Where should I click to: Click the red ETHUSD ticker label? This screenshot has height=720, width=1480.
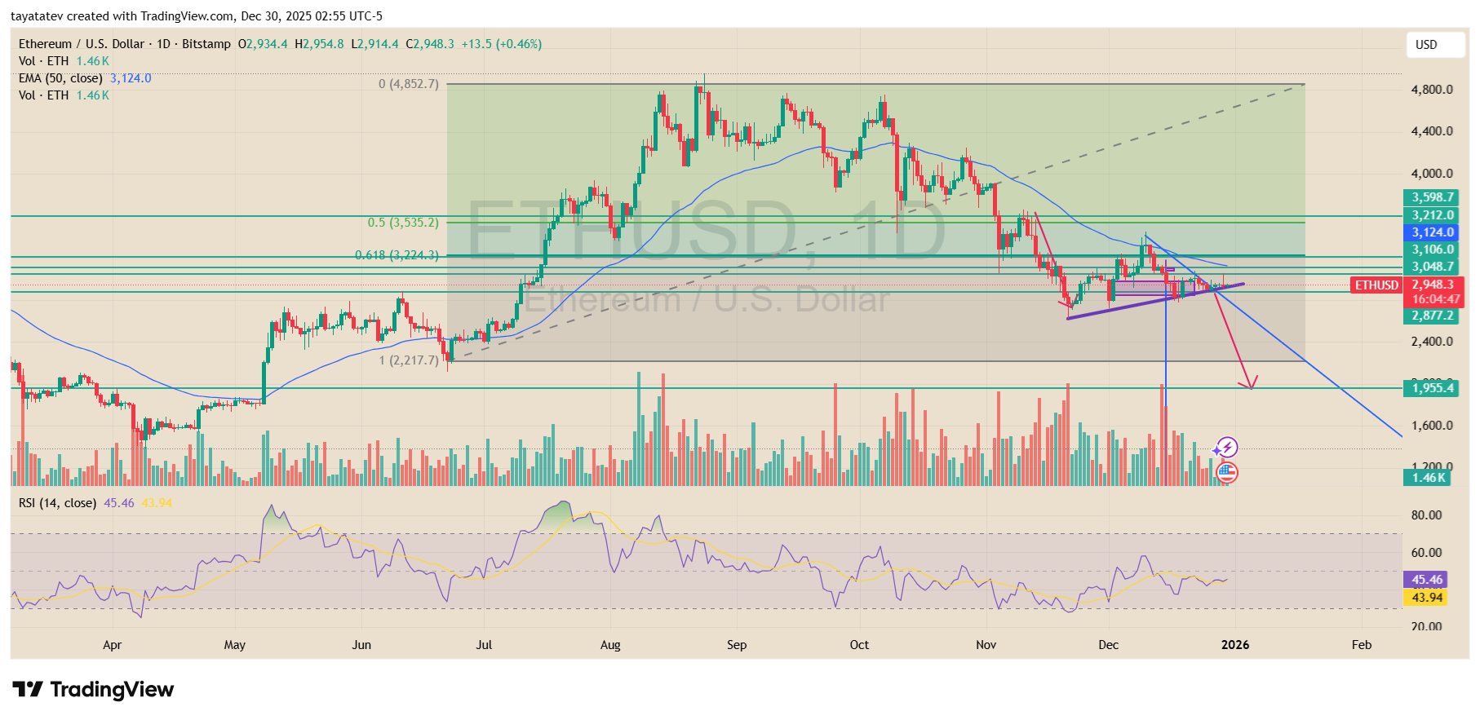1376,285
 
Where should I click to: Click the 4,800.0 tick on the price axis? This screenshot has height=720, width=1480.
1432,90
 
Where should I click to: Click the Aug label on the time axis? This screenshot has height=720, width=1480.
610,645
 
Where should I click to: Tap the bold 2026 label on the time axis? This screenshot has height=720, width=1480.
1234,645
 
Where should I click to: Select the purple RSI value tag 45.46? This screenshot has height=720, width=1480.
1427,580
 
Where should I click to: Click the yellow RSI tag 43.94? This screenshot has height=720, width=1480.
1427,598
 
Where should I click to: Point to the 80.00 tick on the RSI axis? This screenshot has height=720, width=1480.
1426,515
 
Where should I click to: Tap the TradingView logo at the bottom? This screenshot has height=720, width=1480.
93,690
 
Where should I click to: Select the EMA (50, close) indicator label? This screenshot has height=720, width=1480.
60,78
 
